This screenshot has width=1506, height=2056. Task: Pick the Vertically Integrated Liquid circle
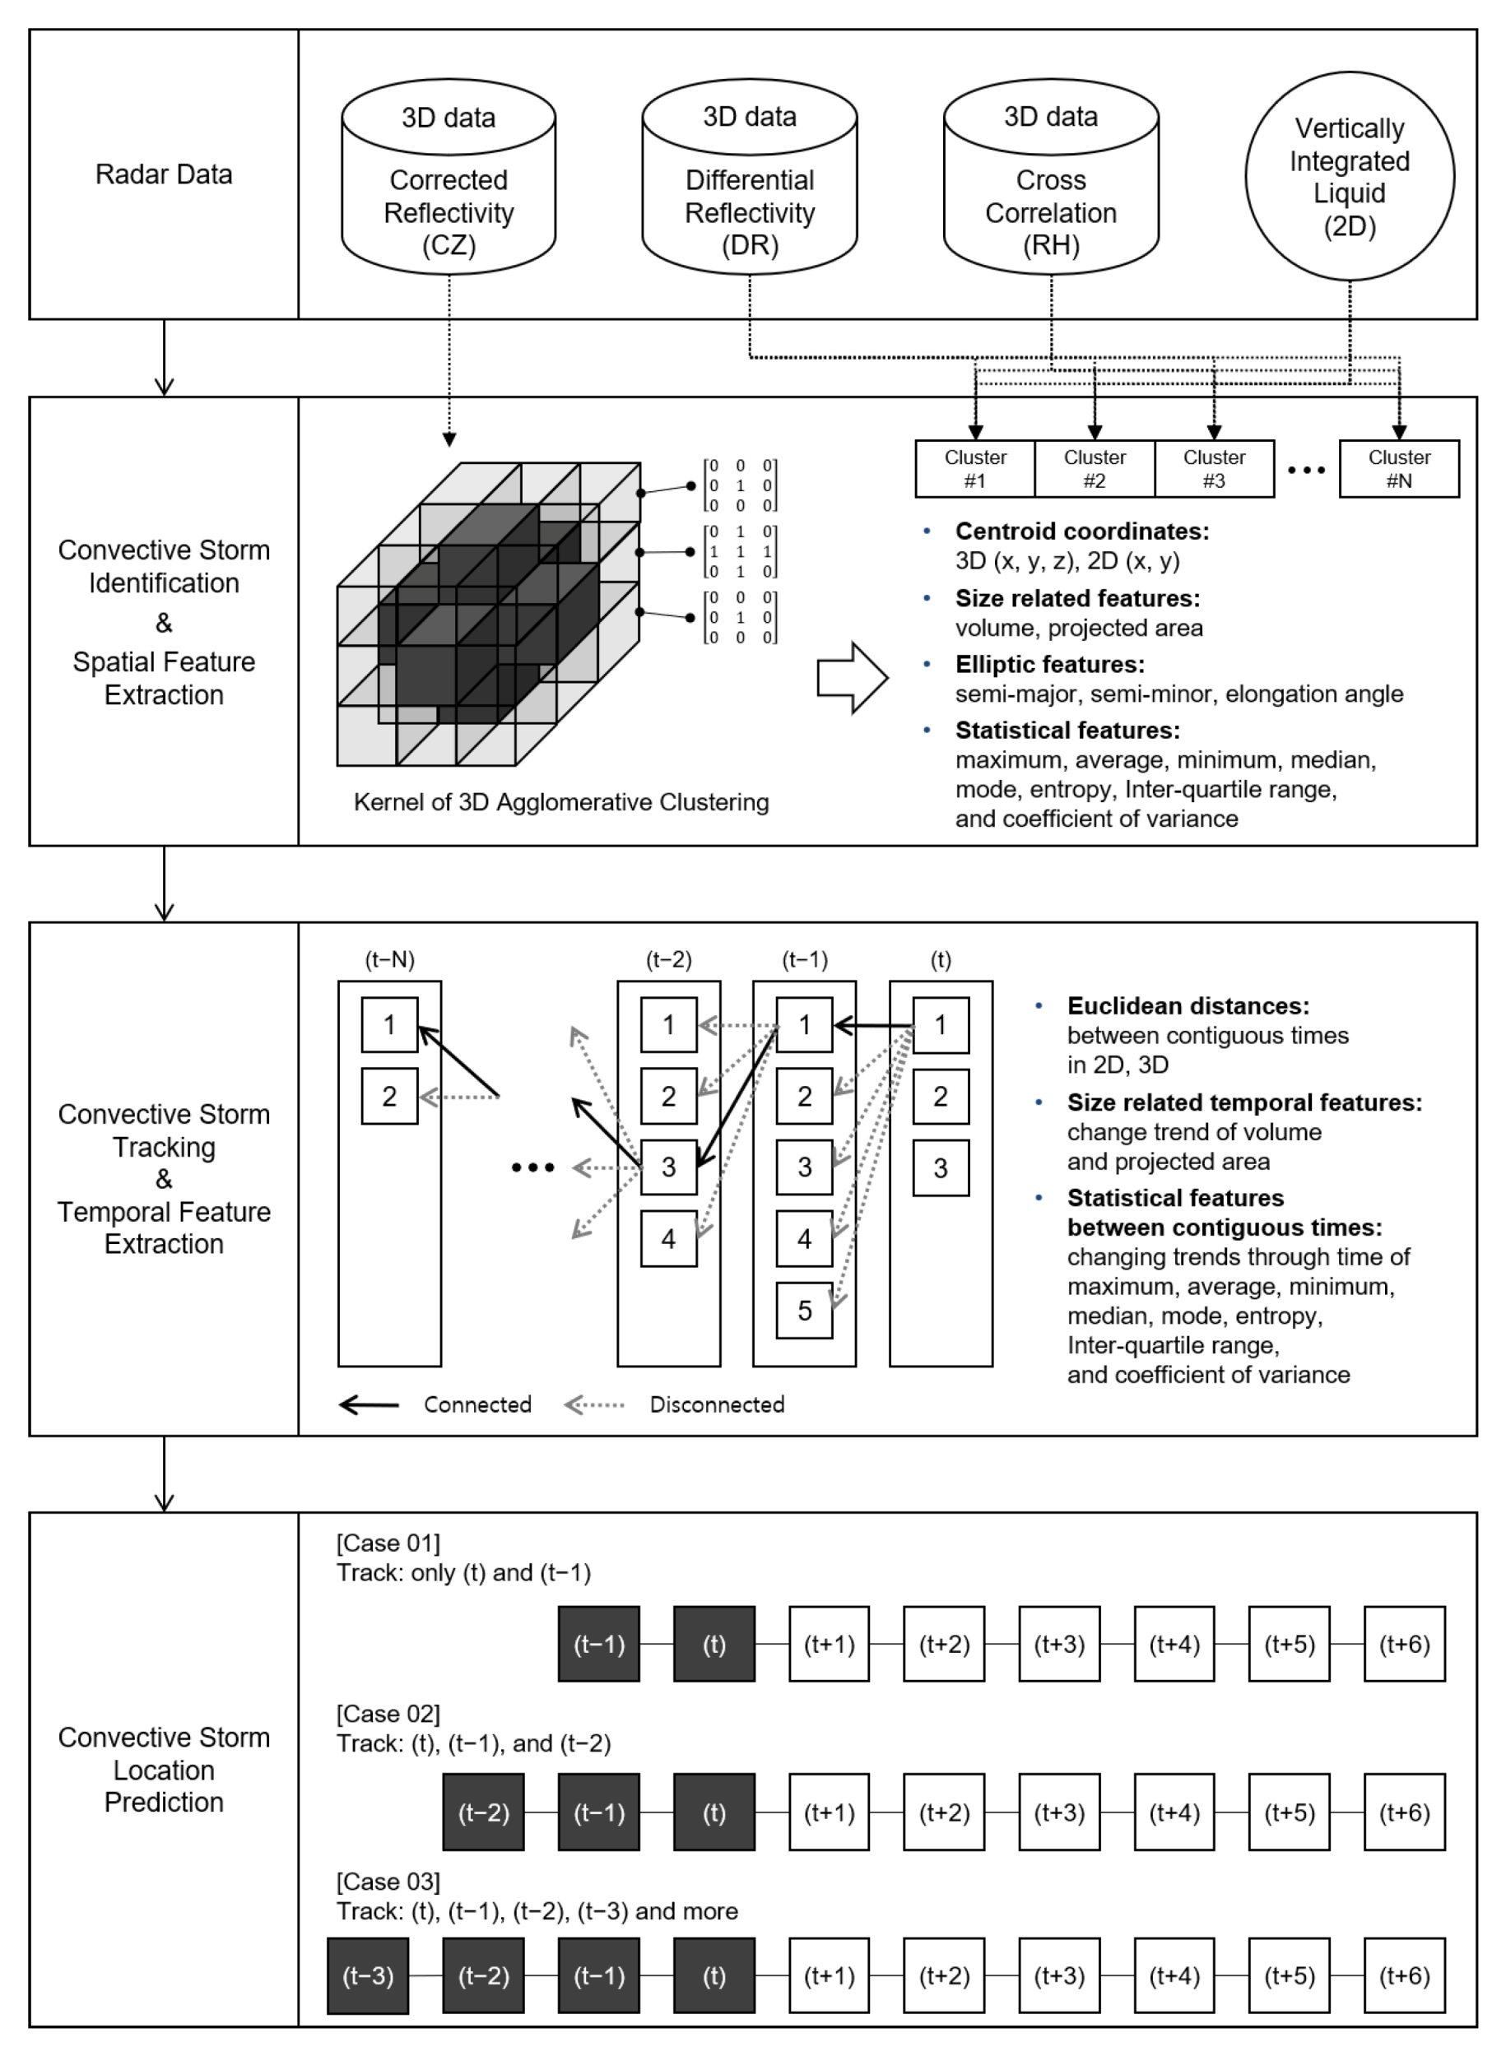pyautogui.click(x=1349, y=176)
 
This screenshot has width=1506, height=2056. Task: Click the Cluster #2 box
pyautogui.click(x=1095, y=468)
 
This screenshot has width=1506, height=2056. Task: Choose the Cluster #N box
pyautogui.click(x=1398, y=468)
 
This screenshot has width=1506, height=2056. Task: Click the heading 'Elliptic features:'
pyautogui.click(x=1049, y=665)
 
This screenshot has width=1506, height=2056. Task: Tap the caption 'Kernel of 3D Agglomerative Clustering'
pyautogui.click(x=560, y=802)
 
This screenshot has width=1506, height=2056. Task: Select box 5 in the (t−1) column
pyautogui.click(x=804, y=1311)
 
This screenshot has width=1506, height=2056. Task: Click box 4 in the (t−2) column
pyautogui.click(x=668, y=1238)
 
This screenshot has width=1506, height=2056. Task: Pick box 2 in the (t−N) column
pyautogui.click(x=389, y=1097)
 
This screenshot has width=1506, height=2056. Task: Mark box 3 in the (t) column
pyautogui.click(x=940, y=1167)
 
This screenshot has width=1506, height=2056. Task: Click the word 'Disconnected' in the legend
pyautogui.click(x=717, y=1404)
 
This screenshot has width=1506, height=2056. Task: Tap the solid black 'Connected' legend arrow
pyautogui.click(x=370, y=1404)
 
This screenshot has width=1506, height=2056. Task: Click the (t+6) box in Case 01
pyautogui.click(x=1404, y=1643)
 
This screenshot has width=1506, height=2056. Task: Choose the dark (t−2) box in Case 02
pyautogui.click(x=483, y=1812)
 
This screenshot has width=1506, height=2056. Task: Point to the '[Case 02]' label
pyautogui.click(x=388, y=1713)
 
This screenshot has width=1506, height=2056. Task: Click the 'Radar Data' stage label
pyautogui.click(x=164, y=174)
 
